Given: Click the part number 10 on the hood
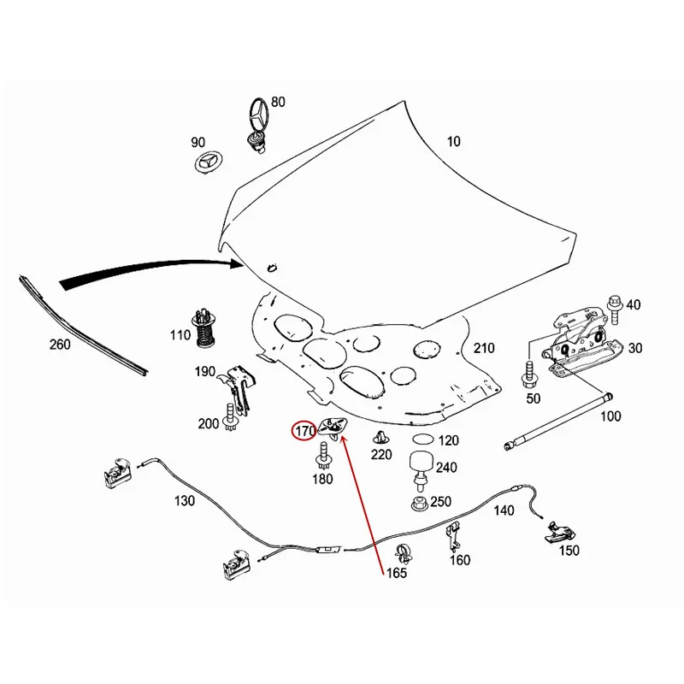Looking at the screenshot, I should pyautogui.click(x=452, y=141).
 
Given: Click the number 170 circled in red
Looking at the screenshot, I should pyautogui.click(x=305, y=431).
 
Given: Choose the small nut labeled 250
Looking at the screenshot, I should pyautogui.click(x=418, y=504).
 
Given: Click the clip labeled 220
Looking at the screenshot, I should pyautogui.click(x=379, y=439).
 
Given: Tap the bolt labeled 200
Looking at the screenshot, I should pyautogui.click(x=232, y=420).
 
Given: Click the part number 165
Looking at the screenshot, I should pyautogui.click(x=395, y=574).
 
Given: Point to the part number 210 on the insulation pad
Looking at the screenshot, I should pyautogui.click(x=484, y=348).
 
